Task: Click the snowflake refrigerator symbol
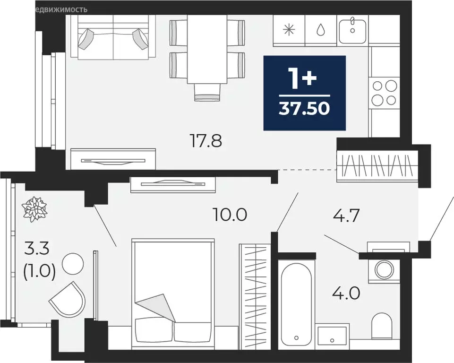coord(288,29)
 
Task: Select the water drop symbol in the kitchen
coord(321,29)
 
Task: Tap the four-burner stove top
coord(384,93)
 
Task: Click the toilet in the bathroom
coord(382,326)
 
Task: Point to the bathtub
coord(295,302)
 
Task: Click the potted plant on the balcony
coord(34,208)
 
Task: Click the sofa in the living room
coord(113,38)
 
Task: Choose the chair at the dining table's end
coord(208,92)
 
